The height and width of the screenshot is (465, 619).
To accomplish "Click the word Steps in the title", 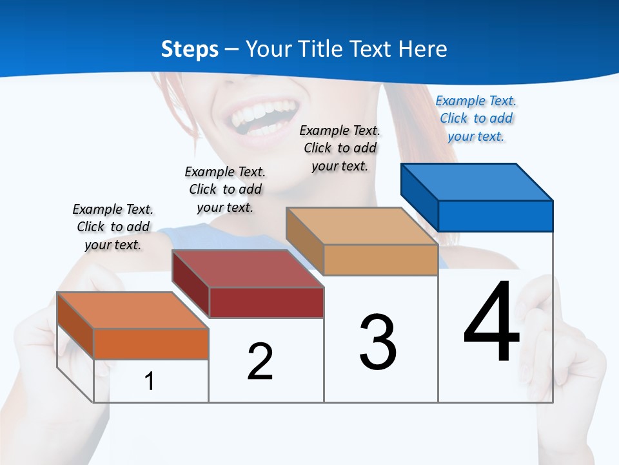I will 190,49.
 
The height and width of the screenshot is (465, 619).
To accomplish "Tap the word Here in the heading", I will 423,49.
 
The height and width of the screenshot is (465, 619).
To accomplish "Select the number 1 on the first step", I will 149,381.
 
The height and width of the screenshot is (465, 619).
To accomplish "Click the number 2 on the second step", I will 260,362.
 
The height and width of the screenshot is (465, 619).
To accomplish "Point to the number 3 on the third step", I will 378,342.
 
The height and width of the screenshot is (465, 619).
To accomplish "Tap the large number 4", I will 491,323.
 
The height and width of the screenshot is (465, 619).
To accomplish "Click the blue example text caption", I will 476,119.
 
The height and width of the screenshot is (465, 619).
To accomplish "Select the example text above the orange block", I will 113,227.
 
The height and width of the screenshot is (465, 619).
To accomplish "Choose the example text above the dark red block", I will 225,189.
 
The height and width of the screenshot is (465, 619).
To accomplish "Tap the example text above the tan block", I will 340,148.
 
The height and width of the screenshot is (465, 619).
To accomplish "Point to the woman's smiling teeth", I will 258,116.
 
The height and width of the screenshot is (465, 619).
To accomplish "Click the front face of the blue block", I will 495,216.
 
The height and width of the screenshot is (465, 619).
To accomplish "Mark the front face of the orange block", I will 151,344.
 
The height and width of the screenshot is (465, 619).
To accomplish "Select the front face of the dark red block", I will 266,302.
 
